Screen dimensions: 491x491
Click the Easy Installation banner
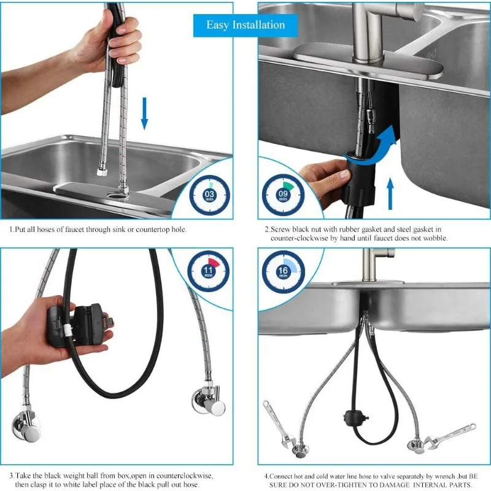coord(245,25)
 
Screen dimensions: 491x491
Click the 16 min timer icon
coord(283,271)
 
